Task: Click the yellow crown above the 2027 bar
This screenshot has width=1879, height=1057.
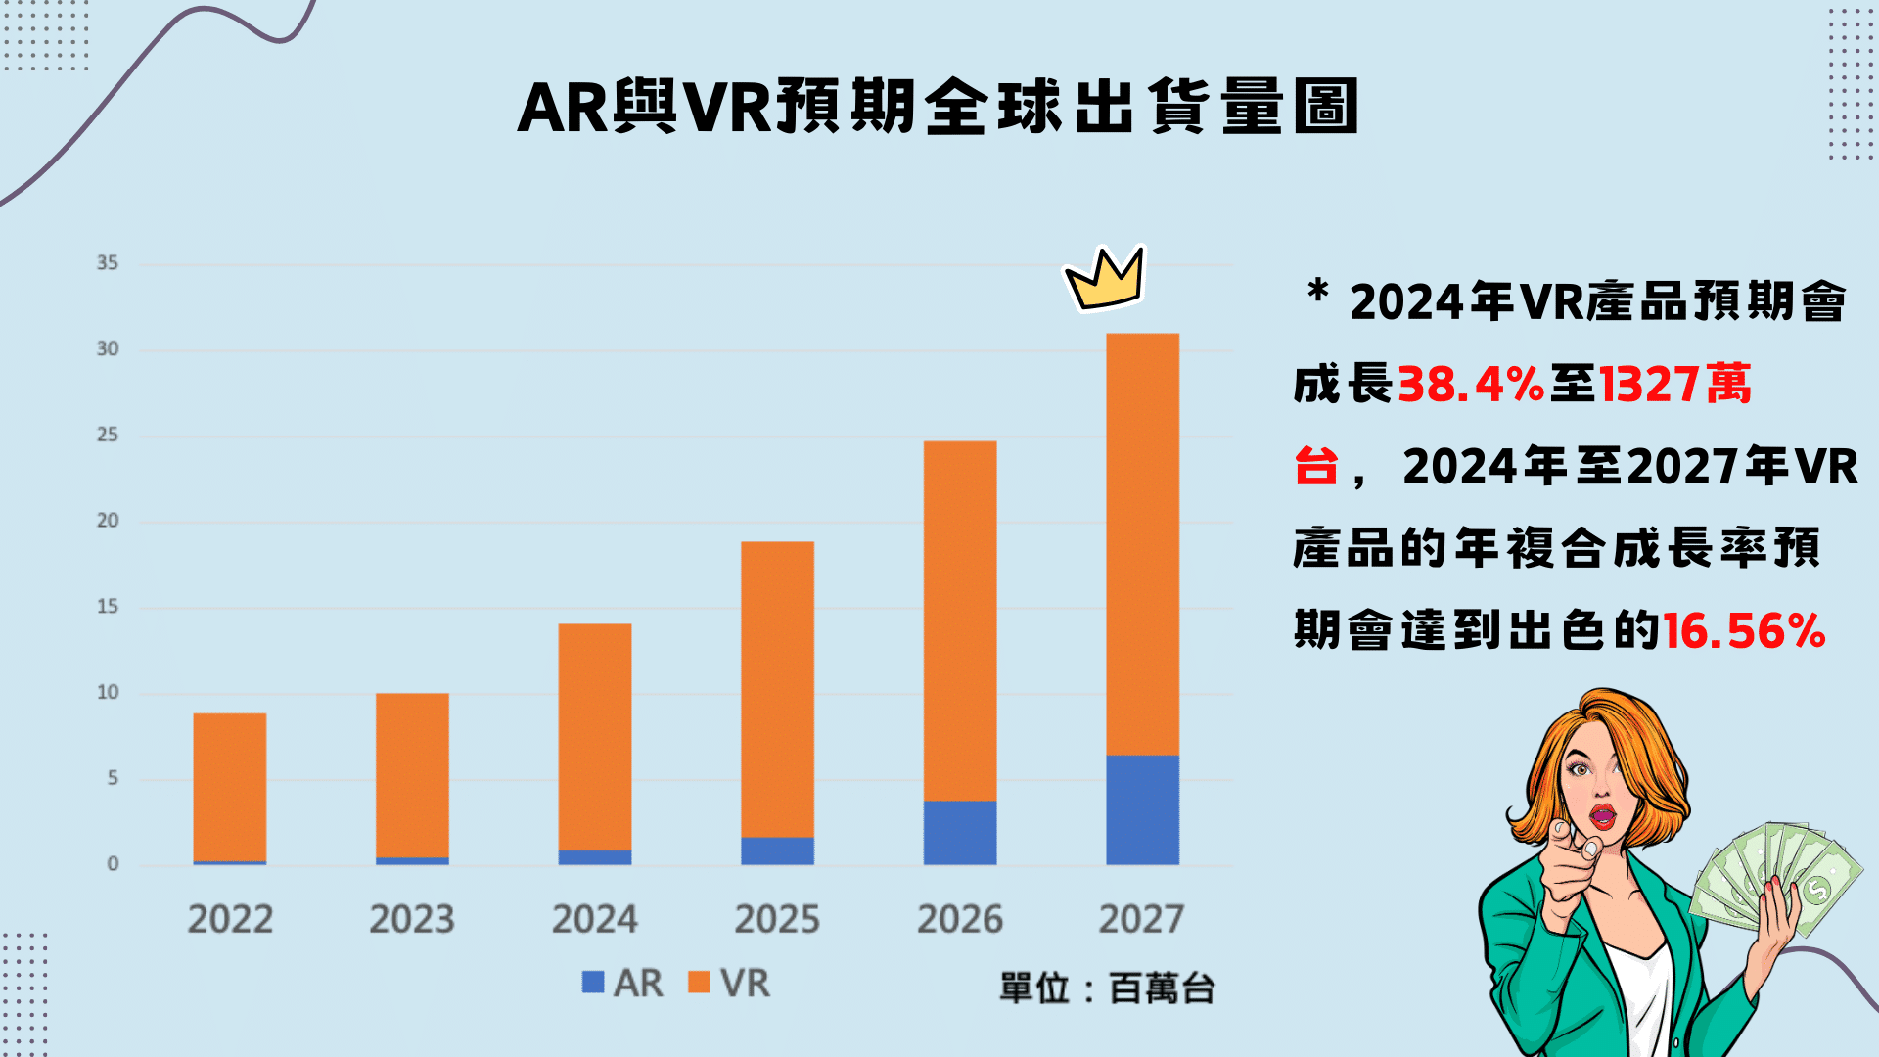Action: (1105, 278)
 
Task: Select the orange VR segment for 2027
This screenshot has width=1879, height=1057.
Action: (1142, 544)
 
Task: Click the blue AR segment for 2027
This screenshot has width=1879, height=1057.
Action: (1142, 809)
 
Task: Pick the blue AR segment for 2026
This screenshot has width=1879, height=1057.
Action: (960, 832)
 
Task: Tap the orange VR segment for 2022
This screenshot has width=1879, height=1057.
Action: (230, 787)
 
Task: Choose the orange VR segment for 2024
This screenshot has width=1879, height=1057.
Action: (595, 736)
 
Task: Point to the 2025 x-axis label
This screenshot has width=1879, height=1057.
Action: (777, 919)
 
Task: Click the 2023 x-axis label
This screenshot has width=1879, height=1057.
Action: (412, 919)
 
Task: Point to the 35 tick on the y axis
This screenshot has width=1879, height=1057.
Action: (108, 263)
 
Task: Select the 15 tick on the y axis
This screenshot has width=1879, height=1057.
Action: (108, 607)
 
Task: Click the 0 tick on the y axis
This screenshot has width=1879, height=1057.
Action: (113, 864)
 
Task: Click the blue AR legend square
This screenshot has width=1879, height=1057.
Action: (592, 982)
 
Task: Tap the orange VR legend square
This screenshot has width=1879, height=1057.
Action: (699, 982)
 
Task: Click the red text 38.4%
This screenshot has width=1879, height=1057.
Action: (1470, 384)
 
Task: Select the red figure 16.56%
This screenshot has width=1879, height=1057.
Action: (1744, 630)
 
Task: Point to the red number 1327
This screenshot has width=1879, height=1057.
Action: (1650, 384)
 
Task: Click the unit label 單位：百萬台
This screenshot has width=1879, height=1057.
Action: (1107, 988)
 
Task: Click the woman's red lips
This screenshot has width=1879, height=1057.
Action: (1603, 815)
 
